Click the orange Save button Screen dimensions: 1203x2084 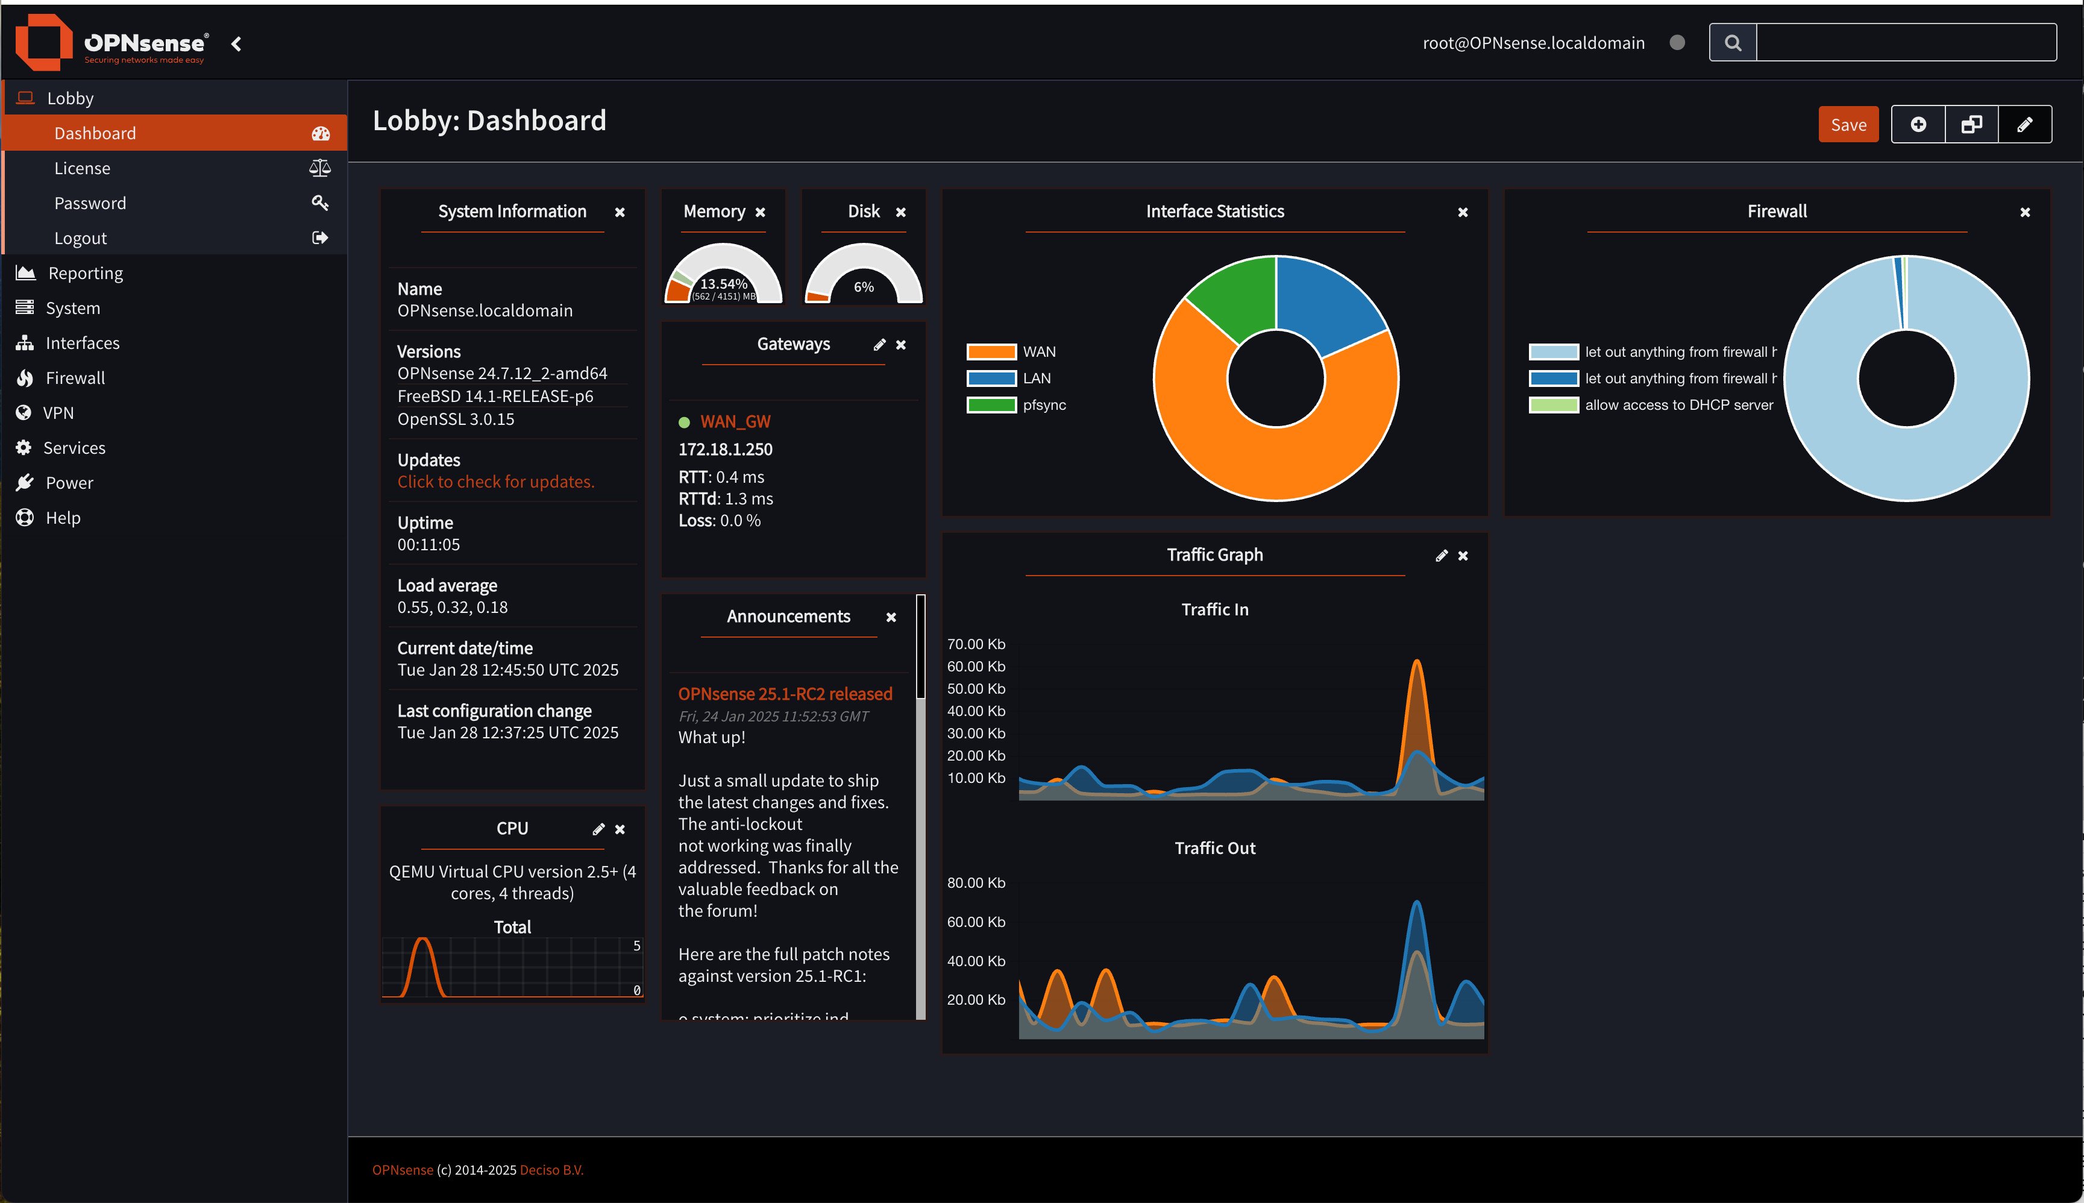[1848, 125]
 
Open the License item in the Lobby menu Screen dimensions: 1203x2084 [83, 169]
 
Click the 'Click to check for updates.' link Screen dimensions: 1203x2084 [495, 482]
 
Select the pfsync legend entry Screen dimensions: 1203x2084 [1044, 405]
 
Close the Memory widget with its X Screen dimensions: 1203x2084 [760, 212]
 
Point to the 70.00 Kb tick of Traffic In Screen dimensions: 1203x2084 [976, 644]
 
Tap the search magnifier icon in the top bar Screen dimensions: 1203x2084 [1733, 43]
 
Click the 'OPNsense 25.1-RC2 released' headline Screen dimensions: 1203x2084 [785, 694]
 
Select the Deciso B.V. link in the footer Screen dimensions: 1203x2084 [551, 1170]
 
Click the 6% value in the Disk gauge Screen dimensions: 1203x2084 [863, 287]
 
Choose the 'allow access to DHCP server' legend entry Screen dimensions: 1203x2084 [1678, 405]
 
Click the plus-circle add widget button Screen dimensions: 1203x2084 [1918, 125]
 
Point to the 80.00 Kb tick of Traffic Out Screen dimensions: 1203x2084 [976, 883]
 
